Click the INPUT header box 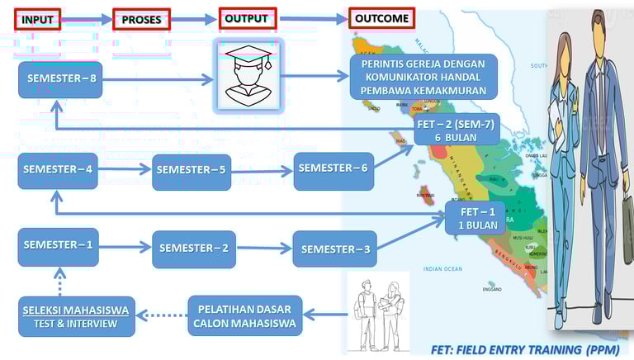click(38, 19)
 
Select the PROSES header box click(141, 19)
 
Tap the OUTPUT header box click(247, 18)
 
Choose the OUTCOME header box click(381, 17)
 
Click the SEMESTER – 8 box click(60, 79)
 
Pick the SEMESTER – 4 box click(58, 171)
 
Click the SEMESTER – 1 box click(58, 246)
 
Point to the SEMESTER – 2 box click(194, 248)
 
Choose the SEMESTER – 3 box click(334, 249)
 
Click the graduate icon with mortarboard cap click(248, 75)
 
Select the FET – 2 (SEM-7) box click(457, 130)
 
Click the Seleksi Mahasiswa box click(75, 315)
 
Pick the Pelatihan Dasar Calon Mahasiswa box click(244, 315)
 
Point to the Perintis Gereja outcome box click(423, 75)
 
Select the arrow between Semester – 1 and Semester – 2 click(125, 246)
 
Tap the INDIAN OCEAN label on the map click(443, 269)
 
